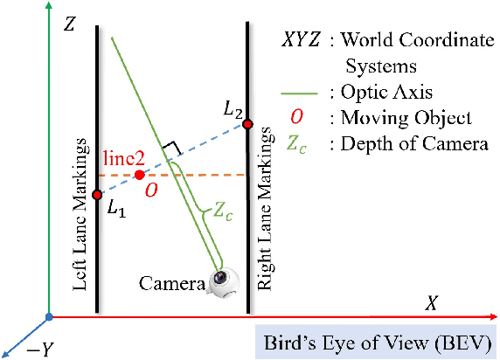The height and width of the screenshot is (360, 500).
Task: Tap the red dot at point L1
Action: click(x=97, y=194)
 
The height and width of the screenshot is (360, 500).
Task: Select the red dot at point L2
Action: click(x=247, y=124)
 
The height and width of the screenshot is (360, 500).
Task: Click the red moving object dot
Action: click(x=140, y=175)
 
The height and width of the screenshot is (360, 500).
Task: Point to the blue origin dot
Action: click(x=50, y=315)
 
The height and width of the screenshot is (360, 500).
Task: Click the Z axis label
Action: click(x=70, y=24)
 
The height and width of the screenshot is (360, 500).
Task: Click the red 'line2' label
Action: click(x=123, y=157)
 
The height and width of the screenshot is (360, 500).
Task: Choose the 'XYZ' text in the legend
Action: click(x=301, y=39)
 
